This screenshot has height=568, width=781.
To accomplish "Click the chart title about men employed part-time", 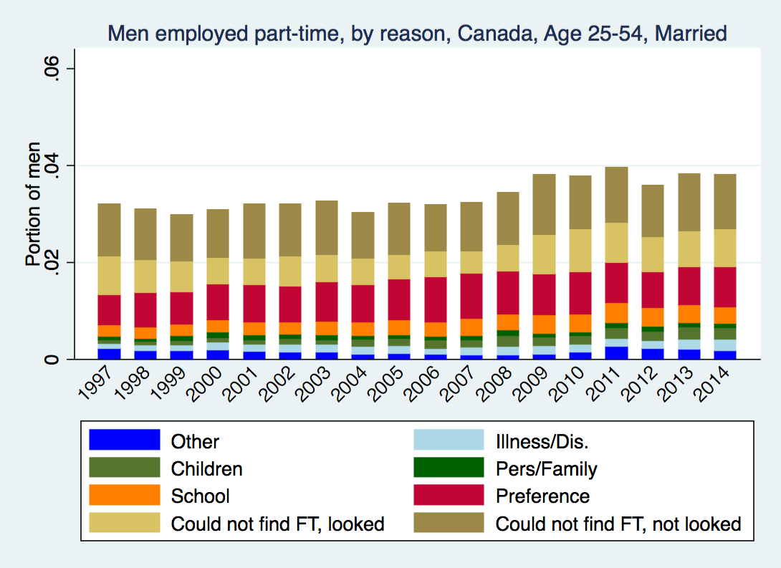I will click(x=417, y=33).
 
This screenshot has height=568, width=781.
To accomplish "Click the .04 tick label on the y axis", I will click(x=51, y=166).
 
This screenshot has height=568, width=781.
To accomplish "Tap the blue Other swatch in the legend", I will click(x=124, y=441).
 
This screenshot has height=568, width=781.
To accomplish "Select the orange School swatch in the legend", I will click(x=124, y=495).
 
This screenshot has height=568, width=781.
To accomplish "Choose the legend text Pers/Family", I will click(x=546, y=469).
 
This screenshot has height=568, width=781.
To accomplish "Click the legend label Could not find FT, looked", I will click(x=277, y=524).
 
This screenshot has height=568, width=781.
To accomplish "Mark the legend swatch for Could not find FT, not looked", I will click(x=449, y=522).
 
